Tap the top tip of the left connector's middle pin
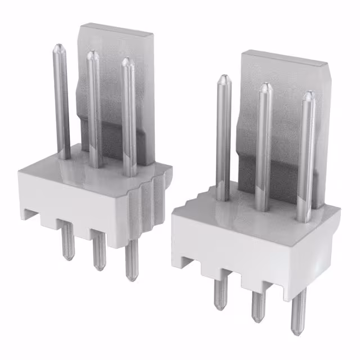(93, 56)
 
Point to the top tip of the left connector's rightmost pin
(128, 62)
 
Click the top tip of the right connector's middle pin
(264, 88)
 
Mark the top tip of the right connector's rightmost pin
(308, 96)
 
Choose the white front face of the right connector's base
(247, 247)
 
